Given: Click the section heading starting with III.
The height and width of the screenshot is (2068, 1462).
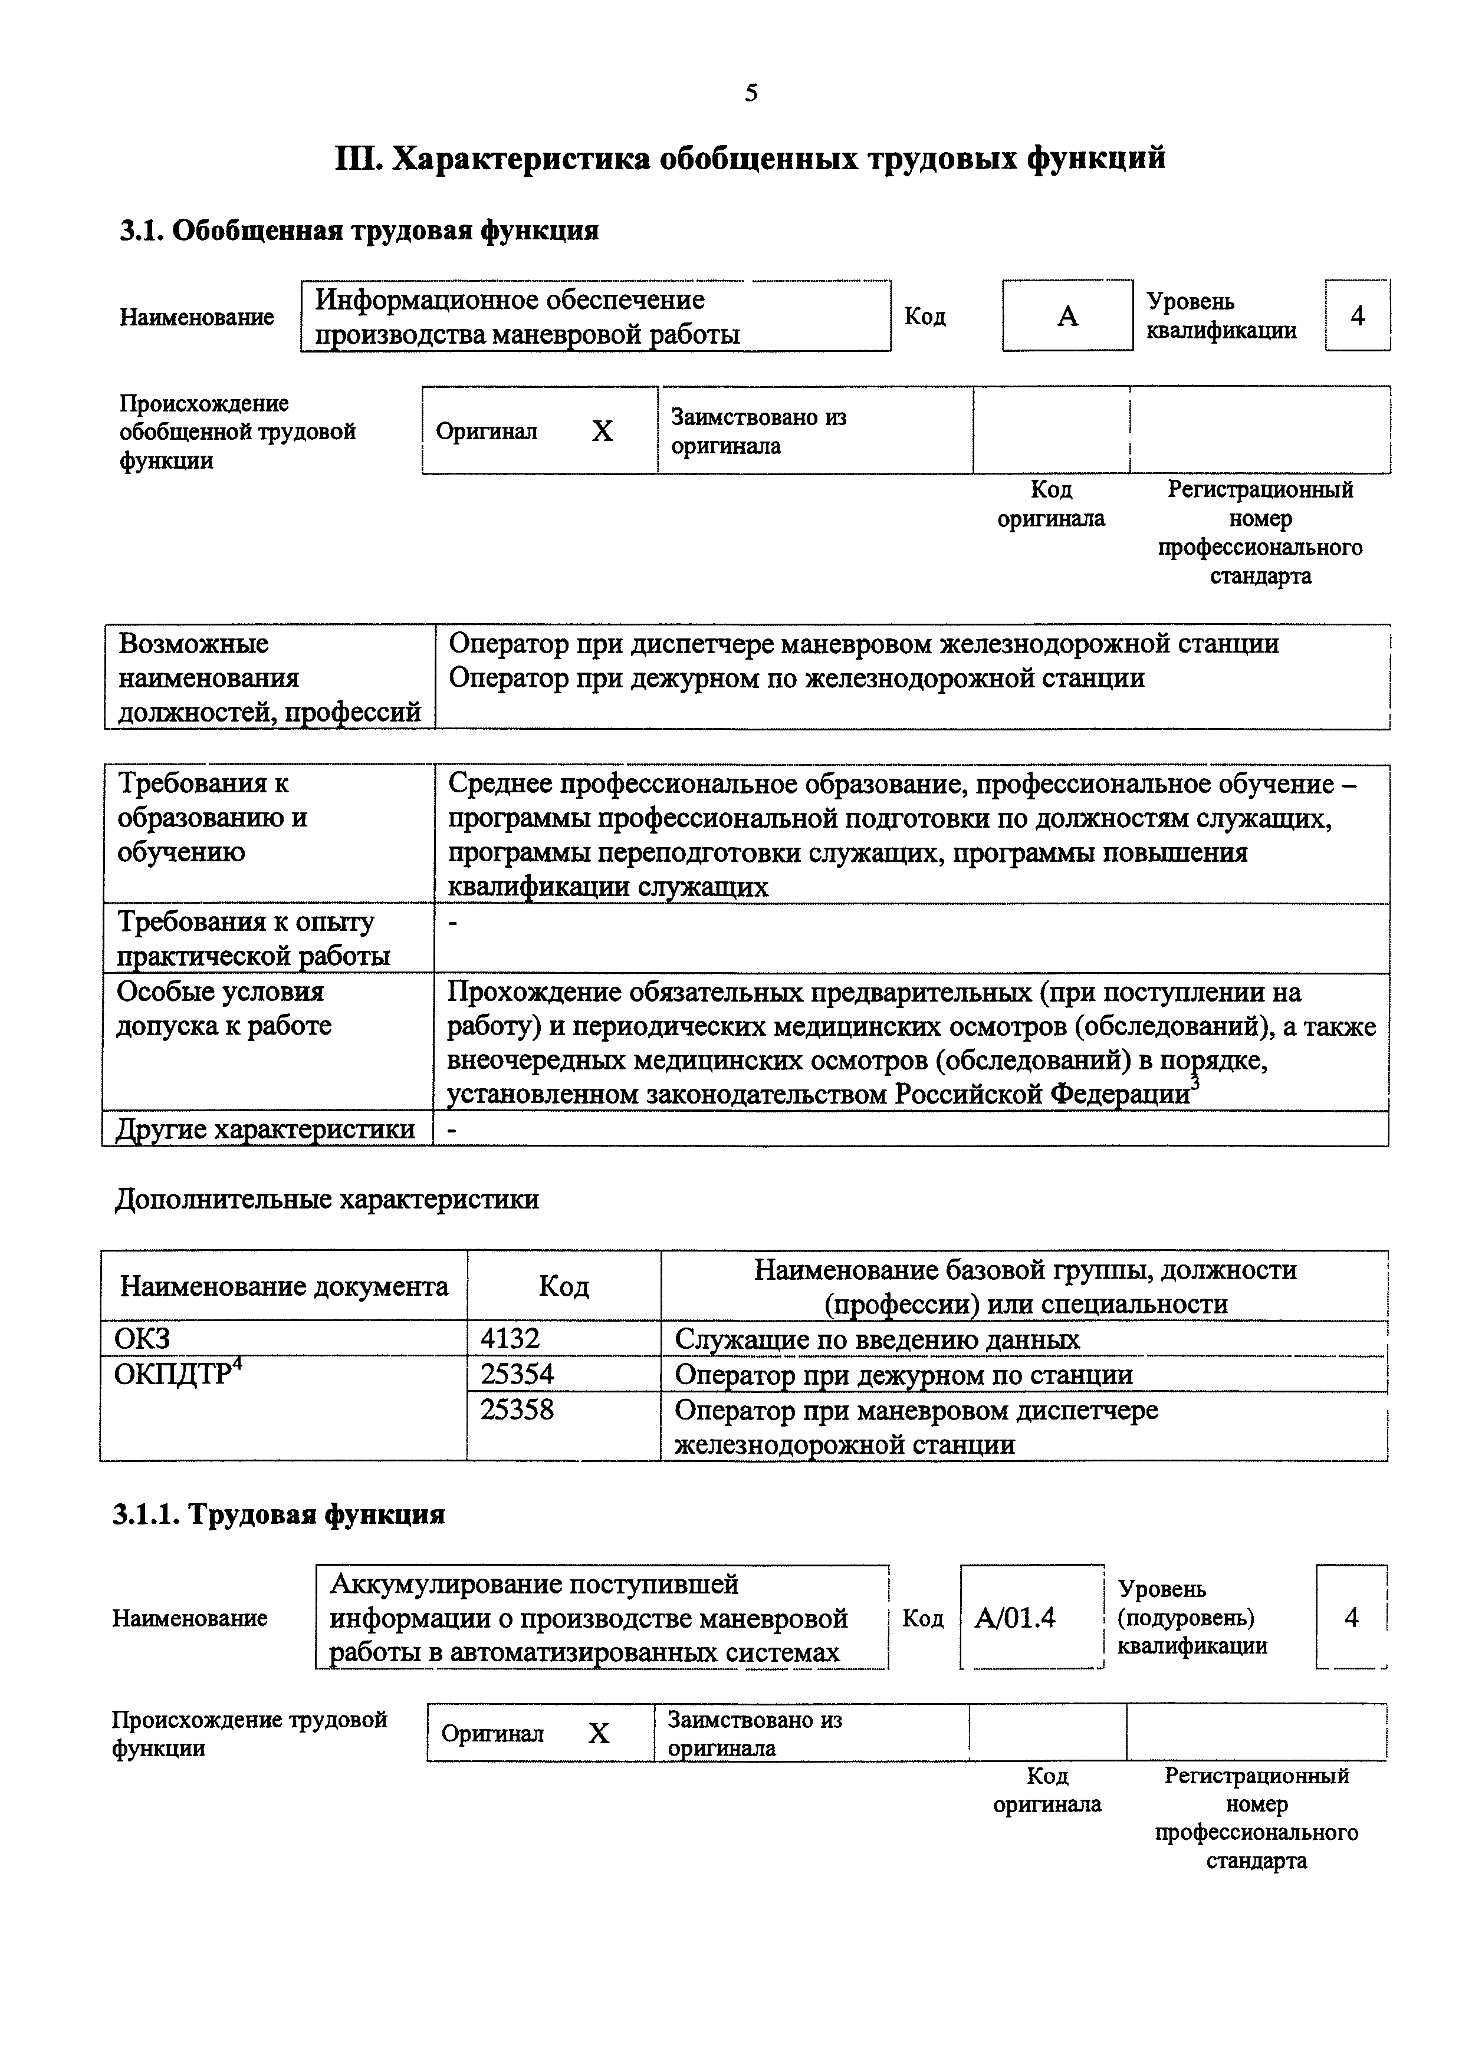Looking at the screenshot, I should [750, 159].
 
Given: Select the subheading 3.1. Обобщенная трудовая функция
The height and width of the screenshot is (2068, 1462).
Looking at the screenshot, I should [359, 232].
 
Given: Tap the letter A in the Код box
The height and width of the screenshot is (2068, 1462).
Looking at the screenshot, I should [1067, 316].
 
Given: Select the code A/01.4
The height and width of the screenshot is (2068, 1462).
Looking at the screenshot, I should [1014, 1619].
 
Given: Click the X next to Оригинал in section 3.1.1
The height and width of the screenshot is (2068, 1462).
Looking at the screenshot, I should [599, 1734].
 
